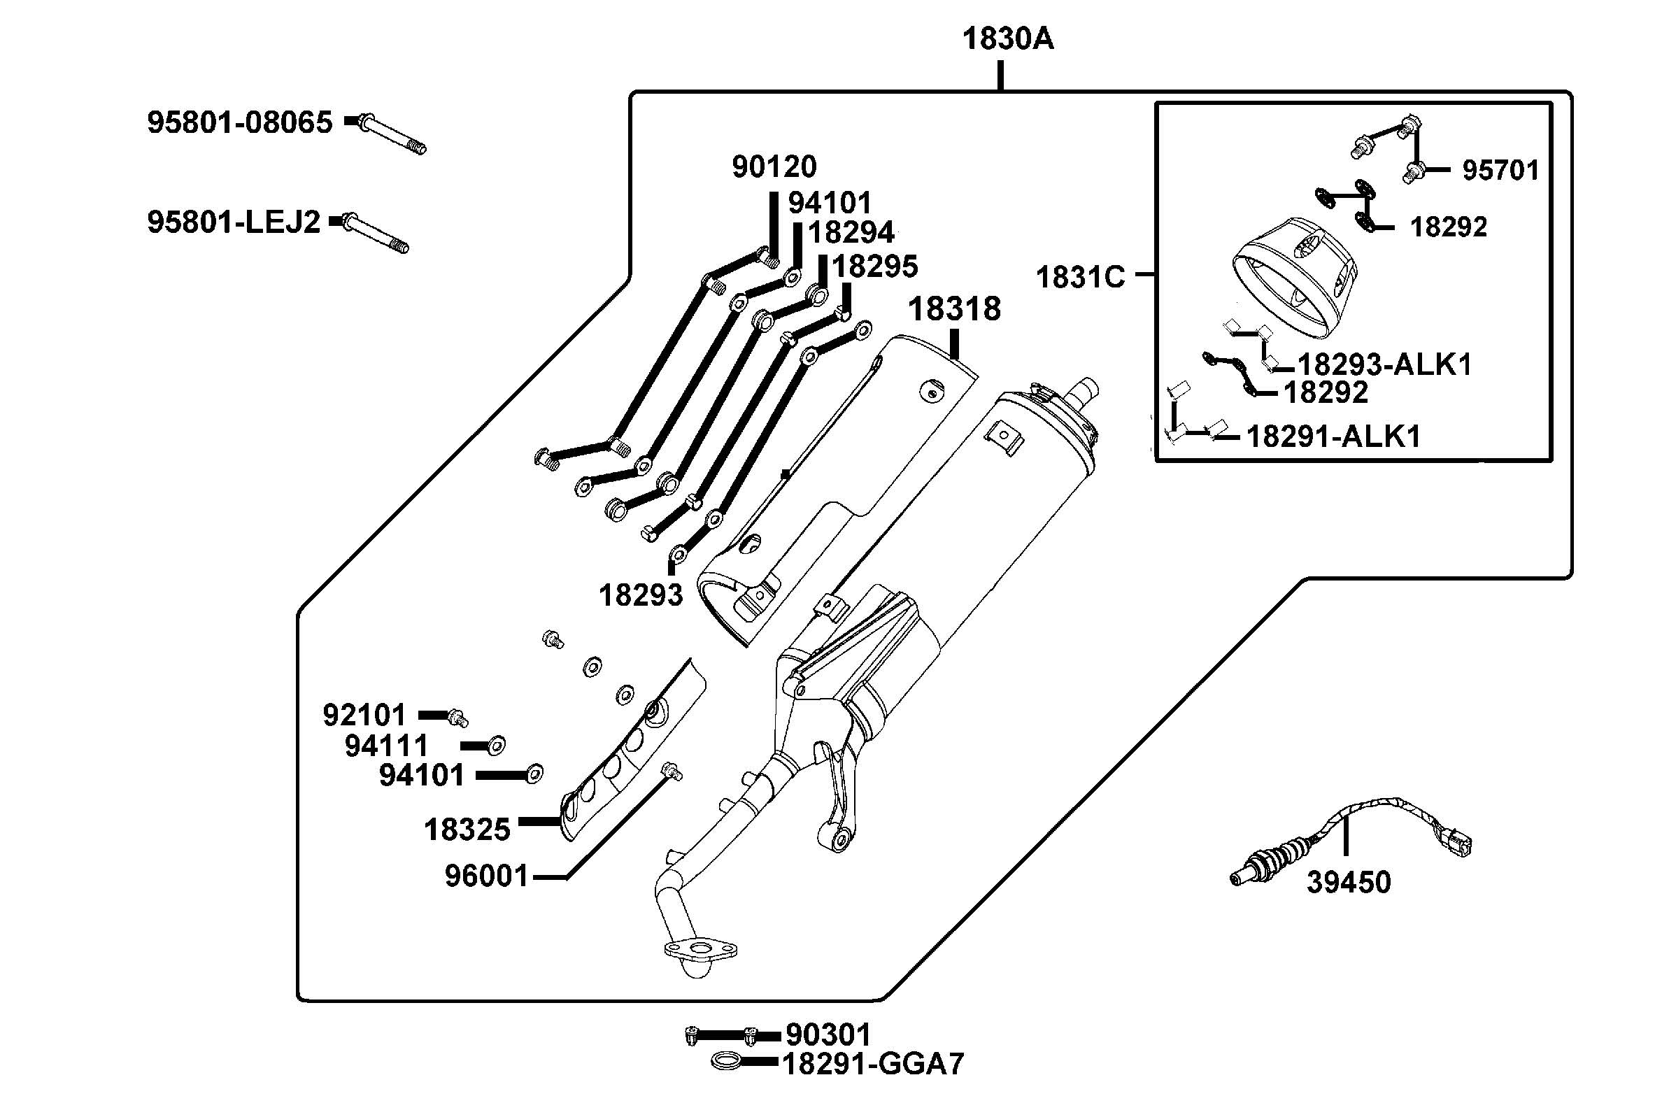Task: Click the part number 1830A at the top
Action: click(x=1007, y=38)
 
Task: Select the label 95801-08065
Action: click(x=239, y=122)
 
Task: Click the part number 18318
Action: click(x=954, y=309)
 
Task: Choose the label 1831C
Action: click(x=1080, y=277)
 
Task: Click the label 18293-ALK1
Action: click(x=1384, y=364)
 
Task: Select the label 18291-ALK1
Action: click(x=1333, y=436)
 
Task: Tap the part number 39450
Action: click(x=1349, y=883)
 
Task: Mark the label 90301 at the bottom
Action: click(x=828, y=1034)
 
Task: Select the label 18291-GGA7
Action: click(x=873, y=1065)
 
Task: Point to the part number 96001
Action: click(x=487, y=876)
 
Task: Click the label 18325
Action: click(x=467, y=830)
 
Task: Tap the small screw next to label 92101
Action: click(x=457, y=718)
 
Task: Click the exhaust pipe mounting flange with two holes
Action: click(x=700, y=950)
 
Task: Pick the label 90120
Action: click(x=774, y=166)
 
